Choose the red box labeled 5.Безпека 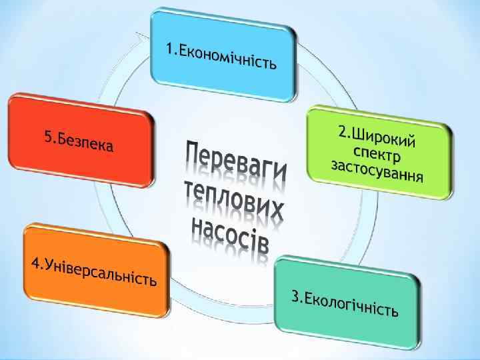point(81,140)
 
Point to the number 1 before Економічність point(170,49)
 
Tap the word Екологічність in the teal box point(353,305)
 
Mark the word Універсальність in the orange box point(101,272)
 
